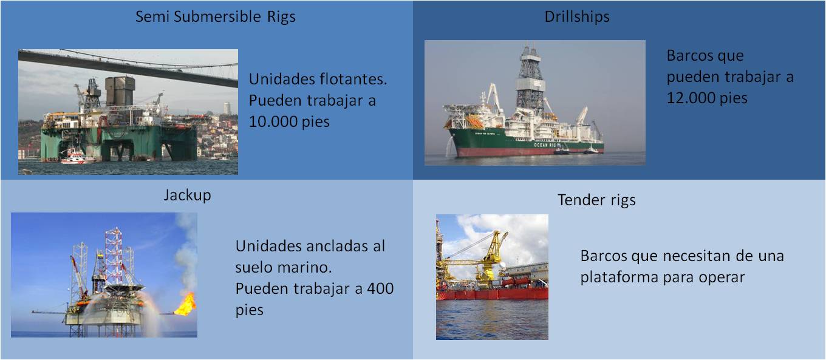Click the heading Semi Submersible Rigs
[216, 17]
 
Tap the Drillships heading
[577, 17]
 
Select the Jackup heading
[187, 195]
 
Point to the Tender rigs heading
[596, 200]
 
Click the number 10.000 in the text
[273, 121]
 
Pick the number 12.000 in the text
[691, 98]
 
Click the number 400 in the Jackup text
[380, 288]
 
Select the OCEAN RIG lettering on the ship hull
[545, 145]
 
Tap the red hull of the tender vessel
[493, 293]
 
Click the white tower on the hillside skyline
[227, 108]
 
